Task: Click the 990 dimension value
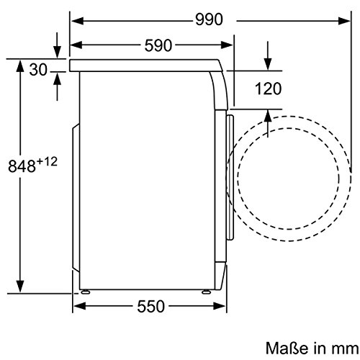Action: (209, 19)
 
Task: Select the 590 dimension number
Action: (158, 45)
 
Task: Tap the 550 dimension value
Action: (151, 306)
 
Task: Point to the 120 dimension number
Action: (268, 89)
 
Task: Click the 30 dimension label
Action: (38, 70)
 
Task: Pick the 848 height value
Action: (22, 166)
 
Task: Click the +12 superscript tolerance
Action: (47, 162)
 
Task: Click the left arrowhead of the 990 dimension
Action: (77, 21)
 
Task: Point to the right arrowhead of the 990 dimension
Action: (345, 21)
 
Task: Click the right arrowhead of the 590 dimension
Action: (227, 45)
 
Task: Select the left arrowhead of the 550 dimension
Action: (79, 306)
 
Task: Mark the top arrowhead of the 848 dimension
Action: (20, 66)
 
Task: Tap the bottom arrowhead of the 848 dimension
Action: (20, 287)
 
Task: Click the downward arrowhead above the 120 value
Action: (268, 64)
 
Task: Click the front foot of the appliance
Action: (206, 292)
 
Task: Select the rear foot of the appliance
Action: (85, 292)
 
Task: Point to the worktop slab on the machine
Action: (146, 66)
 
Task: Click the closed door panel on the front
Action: (230, 178)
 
